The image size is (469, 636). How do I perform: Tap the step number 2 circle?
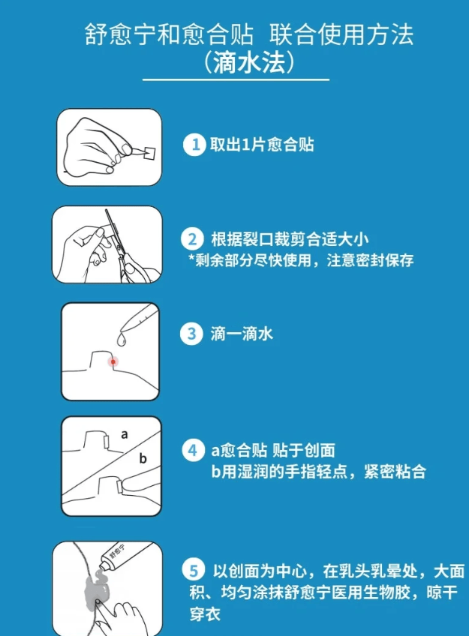(x=192, y=239)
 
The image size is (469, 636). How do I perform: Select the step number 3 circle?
(x=191, y=334)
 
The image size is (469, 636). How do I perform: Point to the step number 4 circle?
(x=193, y=450)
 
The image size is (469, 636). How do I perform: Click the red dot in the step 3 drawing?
(x=113, y=361)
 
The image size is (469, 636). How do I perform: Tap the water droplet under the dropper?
(x=122, y=339)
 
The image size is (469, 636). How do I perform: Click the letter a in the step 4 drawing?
(x=125, y=435)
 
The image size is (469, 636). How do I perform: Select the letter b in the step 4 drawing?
(x=143, y=458)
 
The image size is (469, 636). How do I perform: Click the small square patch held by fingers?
(x=150, y=151)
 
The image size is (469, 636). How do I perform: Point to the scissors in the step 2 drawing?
(x=122, y=247)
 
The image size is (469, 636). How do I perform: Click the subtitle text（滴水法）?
(x=248, y=62)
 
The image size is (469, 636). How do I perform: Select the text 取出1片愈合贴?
(x=262, y=145)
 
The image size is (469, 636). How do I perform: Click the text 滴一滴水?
(x=242, y=334)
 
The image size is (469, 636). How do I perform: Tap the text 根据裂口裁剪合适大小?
(x=289, y=239)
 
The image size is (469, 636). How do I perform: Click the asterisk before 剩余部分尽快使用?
(x=191, y=258)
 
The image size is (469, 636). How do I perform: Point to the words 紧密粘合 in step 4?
(x=395, y=471)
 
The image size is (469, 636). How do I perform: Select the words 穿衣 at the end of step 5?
(x=205, y=614)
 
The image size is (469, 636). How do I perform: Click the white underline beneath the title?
(x=236, y=80)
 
